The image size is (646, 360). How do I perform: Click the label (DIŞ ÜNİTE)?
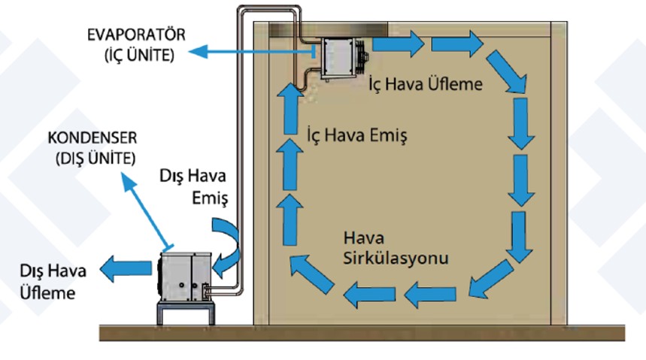pyautogui.click(x=96, y=159)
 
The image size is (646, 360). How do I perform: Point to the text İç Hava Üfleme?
pyautogui.click(x=425, y=84)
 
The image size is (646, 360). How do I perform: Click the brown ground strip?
pyautogui.click(x=361, y=331)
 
